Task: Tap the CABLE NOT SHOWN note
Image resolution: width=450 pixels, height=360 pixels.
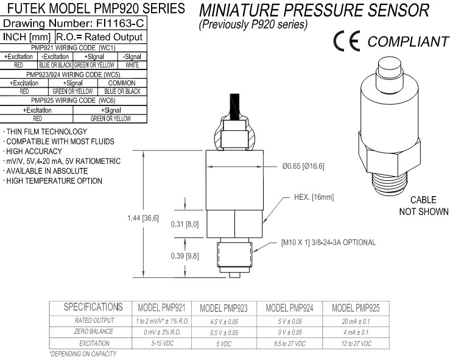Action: (423, 206)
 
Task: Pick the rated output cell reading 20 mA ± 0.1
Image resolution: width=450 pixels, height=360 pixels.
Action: (348, 321)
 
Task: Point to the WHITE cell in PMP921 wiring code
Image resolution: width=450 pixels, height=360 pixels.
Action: (132, 64)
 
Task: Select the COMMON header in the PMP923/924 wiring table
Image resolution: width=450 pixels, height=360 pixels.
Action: (121, 82)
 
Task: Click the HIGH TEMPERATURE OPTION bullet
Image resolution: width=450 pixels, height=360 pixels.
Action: (54, 181)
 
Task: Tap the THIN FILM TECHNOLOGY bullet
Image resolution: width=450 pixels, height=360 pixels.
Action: (46, 132)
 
